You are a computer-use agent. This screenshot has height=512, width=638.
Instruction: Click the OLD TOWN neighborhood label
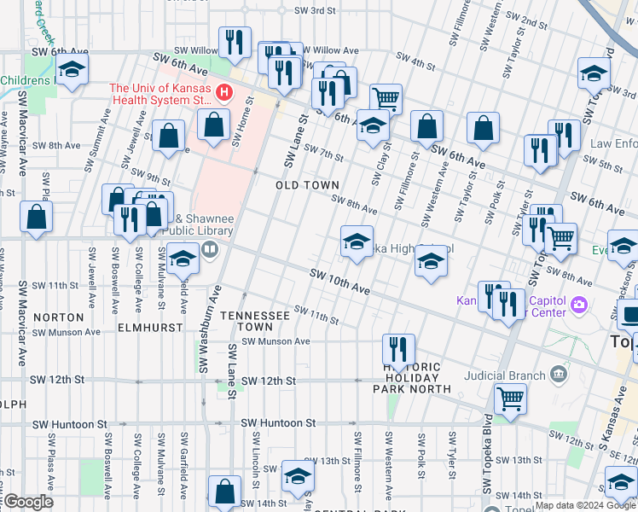[x=307, y=185]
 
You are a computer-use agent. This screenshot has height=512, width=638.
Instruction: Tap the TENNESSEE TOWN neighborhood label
[x=256, y=321]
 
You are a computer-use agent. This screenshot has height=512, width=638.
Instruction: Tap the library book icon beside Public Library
[x=210, y=250]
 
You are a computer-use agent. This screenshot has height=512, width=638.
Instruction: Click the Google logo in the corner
[x=28, y=502]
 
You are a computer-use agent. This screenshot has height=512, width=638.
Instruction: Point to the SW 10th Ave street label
[x=339, y=282]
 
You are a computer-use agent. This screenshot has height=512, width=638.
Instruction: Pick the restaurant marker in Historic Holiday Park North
[x=398, y=349]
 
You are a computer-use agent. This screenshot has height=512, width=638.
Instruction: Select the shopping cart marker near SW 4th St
[x=386, y=98]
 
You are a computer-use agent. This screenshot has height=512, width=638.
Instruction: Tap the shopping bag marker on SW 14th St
[x=224, y=491]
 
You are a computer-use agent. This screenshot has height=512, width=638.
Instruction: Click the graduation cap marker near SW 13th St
[x=298, y=475]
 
